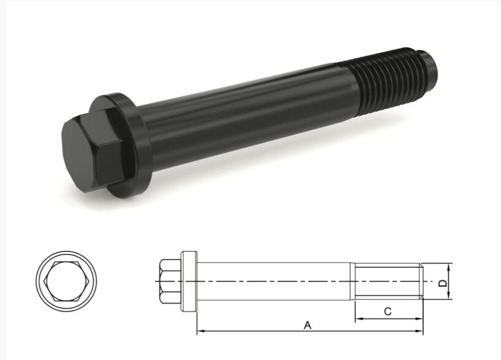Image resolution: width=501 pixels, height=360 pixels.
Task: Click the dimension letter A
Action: [x=307, y=325]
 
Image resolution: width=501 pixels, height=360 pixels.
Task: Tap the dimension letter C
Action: [x=388, y=312]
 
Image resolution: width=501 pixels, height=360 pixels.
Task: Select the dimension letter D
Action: [x=443, y=283]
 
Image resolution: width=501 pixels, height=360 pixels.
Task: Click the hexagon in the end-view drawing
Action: [x=66, y=281]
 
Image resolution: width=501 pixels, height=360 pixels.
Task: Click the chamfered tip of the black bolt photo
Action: [x=427, y=68]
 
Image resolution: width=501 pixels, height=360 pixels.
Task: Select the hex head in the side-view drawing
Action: [x=170, y=281]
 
